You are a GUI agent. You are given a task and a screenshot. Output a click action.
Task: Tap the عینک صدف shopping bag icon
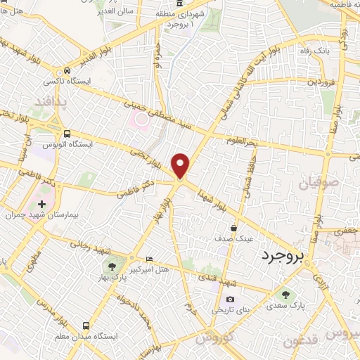[234, 228]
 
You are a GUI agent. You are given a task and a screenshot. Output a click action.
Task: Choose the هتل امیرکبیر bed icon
[148, 258]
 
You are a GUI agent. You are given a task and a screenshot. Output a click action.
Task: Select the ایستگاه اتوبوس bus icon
[66, 134]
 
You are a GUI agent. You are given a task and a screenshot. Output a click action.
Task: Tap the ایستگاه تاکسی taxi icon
[66, 71]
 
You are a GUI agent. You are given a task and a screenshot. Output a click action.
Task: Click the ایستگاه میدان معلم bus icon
[86, 326]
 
